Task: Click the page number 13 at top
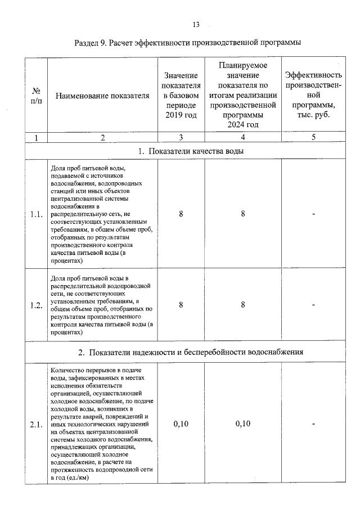196,25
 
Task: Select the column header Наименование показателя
102,96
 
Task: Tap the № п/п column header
36,96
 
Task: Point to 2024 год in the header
243,124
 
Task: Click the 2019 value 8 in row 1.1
181,214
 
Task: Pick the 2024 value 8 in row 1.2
243,305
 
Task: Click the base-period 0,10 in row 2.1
181,424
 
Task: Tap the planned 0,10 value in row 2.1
243,424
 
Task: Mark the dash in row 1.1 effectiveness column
313,214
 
